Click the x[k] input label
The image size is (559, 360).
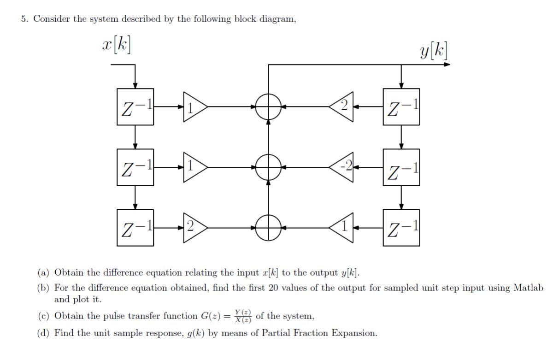[x=116, y=45]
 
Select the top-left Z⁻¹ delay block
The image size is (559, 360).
[x=135, y=106]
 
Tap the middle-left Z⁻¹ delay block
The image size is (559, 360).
[x=135, y=167]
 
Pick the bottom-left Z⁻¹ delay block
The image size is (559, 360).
[x=135, y=228]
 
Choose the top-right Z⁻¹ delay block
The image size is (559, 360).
[x=401, y=106]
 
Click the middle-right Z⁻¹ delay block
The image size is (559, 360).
[x=401, y=167]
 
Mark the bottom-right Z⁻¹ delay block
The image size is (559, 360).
[x=401, y=228]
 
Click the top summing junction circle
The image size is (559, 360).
[x=268, y=106]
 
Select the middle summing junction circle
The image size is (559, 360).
[x=268, y=167]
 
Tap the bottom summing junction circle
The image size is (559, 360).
[x=268, y=228]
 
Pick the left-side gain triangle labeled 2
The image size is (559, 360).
[x=194, y=228]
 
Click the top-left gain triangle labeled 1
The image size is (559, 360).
[x=194, y=106]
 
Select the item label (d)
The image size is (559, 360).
[x=44, y=333]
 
